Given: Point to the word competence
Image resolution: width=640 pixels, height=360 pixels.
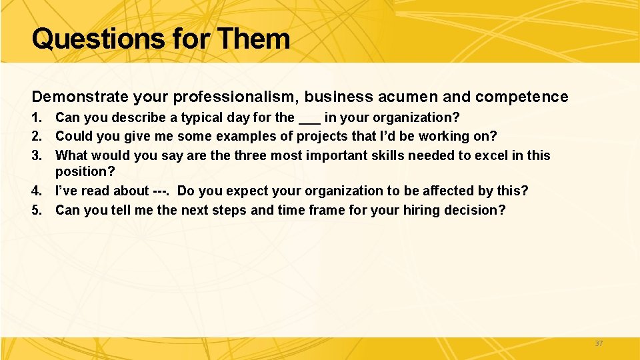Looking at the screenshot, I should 521,97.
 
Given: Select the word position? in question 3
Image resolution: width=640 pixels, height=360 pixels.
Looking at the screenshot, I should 85,172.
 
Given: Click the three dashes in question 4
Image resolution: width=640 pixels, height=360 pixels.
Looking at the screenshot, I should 160,191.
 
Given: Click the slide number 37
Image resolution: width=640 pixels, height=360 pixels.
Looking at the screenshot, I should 598,343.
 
